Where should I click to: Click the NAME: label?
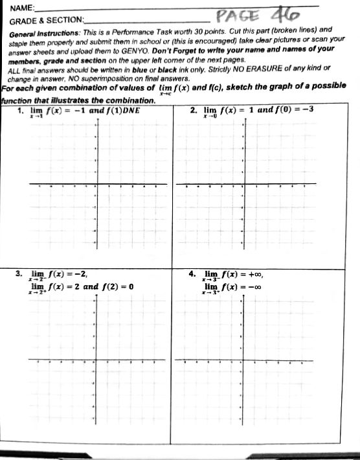(x=22, y=9)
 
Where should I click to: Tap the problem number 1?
(x=21, y=109)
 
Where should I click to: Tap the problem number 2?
(x=193, y=109)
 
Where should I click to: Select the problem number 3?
(x=20, y=273)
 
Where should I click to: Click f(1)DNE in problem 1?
(x=120, y=109)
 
